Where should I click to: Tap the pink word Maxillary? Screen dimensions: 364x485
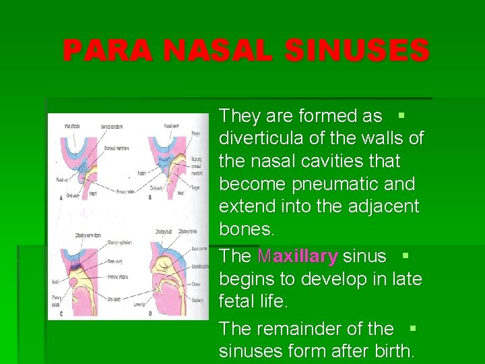(x=297, y=257)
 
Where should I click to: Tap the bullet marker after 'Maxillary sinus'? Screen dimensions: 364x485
(x=406, y=256)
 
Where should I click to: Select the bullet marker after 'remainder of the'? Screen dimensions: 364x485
(x=413, y=328)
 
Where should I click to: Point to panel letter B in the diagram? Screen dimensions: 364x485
(x=150, y=198)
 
